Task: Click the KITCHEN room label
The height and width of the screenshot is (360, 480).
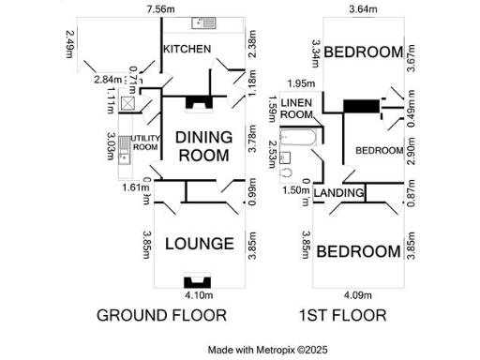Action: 187,49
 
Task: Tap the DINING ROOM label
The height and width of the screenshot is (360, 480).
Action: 203,146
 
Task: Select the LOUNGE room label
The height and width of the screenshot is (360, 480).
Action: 199,244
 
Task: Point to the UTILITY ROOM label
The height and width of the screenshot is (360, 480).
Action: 145,142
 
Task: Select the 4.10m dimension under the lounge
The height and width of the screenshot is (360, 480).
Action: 199,292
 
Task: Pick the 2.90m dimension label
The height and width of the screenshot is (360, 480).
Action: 411,150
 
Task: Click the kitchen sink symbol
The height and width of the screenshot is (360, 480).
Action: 202,22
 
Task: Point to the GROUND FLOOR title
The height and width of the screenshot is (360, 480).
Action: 161,315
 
